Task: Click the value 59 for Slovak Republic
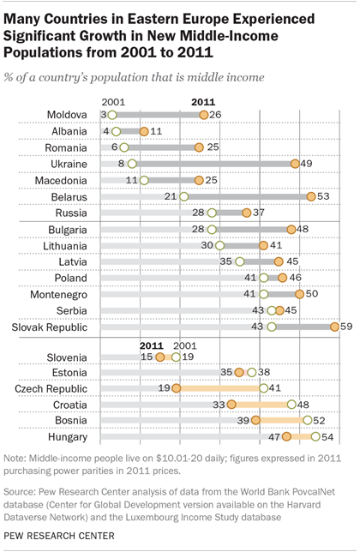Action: pyautogui.click(x=347, y=327)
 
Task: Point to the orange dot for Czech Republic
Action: pyautogui.click(x=176, y=387)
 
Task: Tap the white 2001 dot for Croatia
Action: pyautogui.click(x=292, y=404)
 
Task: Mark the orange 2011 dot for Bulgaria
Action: pyautogui.click(x=291, y=229)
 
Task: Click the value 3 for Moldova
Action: pyautogui.click(x=102, y=114)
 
